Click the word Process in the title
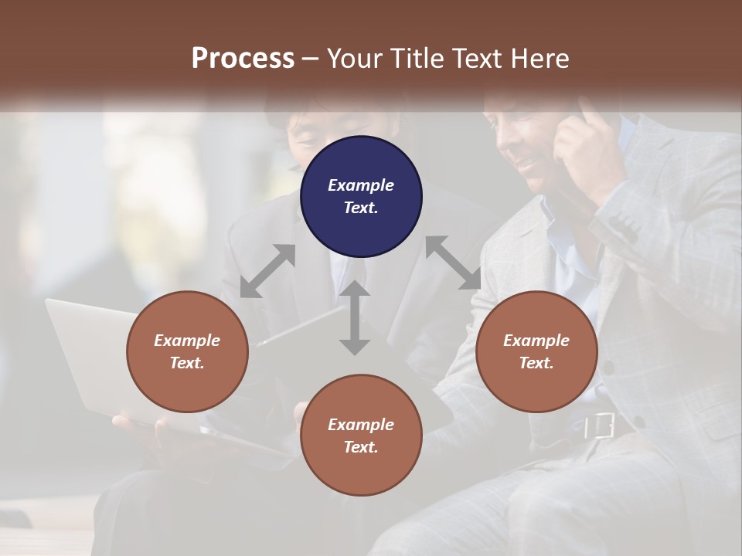tap(243, 59)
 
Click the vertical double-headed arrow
tap(354, 317)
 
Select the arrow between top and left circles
tap(267, 271)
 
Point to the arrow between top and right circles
tap(453, 263)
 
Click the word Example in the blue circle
tap(361, 185)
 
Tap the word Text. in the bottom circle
tap(361, 447)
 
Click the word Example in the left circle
tap(187, 341)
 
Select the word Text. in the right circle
tap(536, 363)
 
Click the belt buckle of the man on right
tap(600, 425)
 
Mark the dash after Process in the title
tap(310, 59)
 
